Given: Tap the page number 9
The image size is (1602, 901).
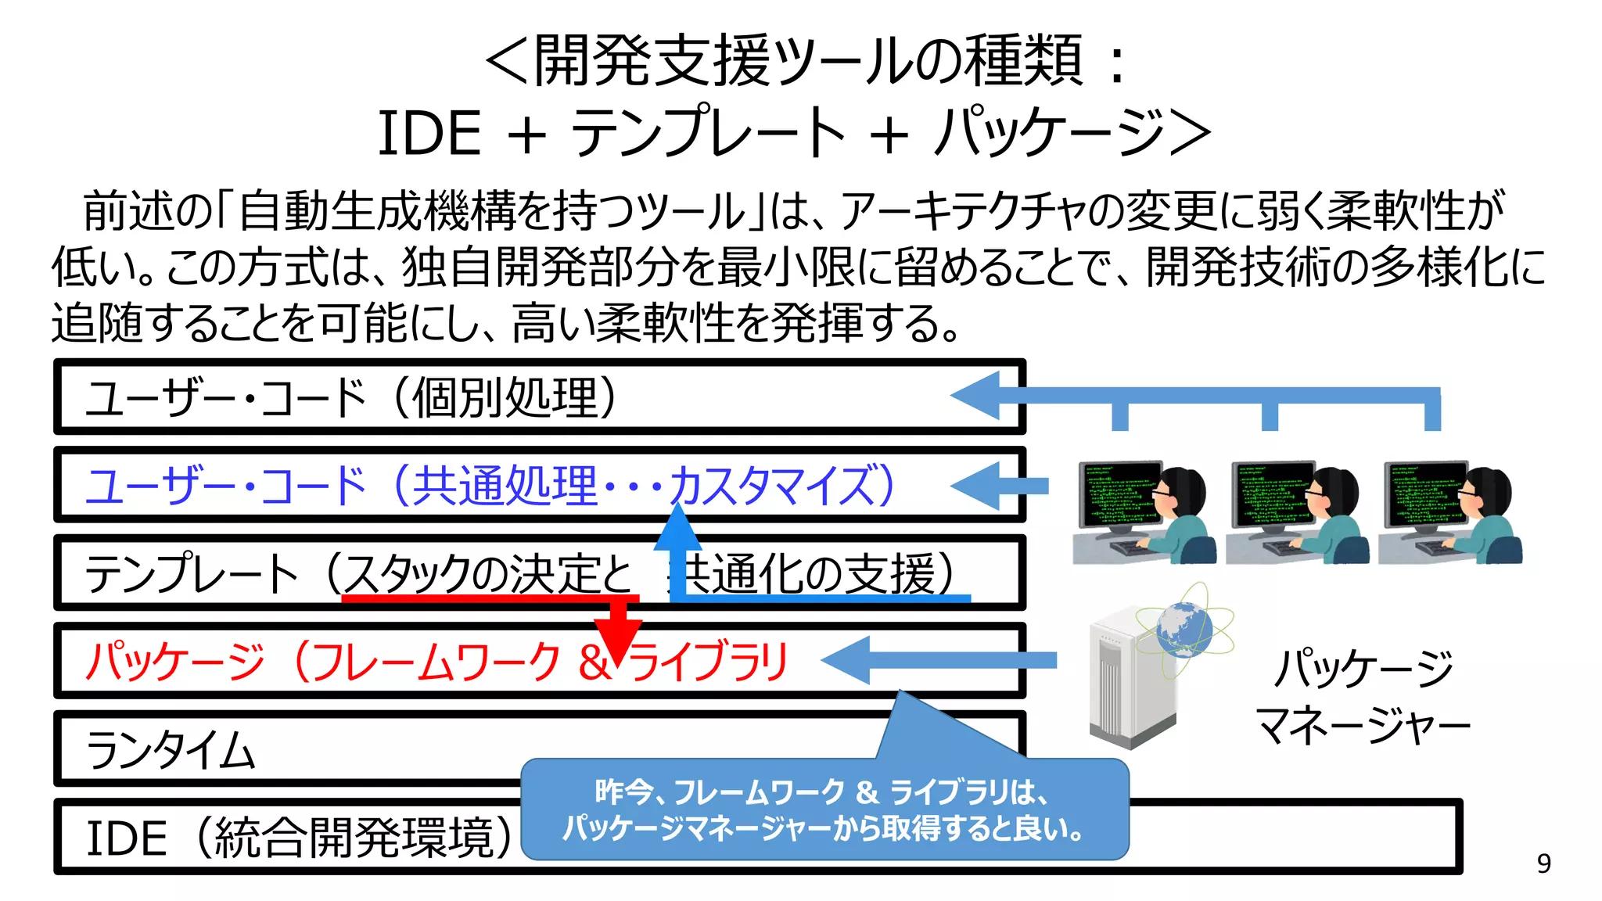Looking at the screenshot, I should click(x=1543, y=863).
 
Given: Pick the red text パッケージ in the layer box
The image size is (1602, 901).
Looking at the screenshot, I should click(x=175, y=662).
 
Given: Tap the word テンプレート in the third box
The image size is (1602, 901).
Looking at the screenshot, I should click(x=192, y=573).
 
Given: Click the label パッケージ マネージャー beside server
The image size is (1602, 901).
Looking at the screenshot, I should click(x=1363, y=696).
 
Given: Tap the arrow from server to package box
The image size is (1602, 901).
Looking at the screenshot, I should click(x=939, y=660).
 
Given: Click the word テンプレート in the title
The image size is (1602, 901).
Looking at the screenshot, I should click(x=708, y=133).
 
